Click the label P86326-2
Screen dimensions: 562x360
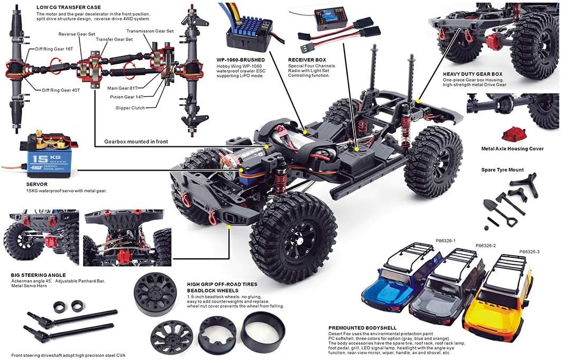486,246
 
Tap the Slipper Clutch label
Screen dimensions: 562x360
130,108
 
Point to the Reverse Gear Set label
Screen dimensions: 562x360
76,34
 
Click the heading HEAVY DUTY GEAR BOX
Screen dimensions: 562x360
472,74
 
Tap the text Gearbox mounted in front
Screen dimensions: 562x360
136,142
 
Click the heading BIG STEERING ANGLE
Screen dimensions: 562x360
38,275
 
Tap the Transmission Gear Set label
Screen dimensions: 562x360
150,31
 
